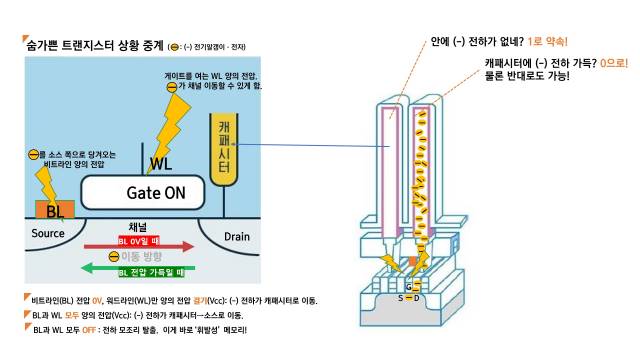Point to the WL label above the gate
pos(160,163)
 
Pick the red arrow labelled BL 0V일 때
pos(139,244)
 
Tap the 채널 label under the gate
pos(139,226)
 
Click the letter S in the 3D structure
pos(400,298)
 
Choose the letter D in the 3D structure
pos(418,298)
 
